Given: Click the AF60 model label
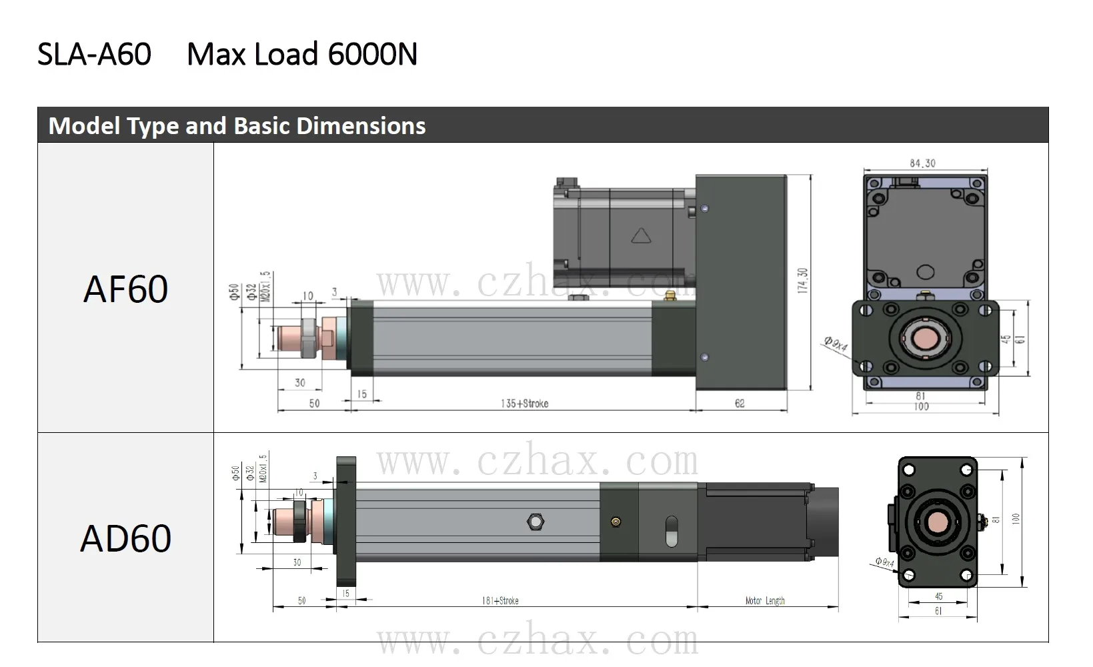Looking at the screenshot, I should [125, 289].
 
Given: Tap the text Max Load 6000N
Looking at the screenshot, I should [302, 54].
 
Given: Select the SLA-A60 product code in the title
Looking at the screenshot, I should [94, 54].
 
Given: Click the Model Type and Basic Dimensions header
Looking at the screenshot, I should [237, 126].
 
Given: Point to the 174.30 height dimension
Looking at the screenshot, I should [802, 281].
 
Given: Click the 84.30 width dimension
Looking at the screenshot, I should [922, 163].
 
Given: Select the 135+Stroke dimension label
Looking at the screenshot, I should [524, 404].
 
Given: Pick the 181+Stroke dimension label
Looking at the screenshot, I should [500, 601].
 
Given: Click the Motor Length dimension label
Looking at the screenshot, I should [765, 601].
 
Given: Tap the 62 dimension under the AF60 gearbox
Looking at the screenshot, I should [740, 404].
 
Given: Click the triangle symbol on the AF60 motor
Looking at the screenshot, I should [640, 237].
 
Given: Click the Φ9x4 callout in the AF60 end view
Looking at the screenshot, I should [835, 344].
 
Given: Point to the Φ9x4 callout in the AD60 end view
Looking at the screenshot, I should [884, 563].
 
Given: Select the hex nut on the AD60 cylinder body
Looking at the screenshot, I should [535, 521].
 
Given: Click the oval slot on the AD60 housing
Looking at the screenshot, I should [672, 531].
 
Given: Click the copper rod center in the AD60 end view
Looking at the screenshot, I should [936, 522].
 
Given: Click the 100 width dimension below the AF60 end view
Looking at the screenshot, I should [921, 406].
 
